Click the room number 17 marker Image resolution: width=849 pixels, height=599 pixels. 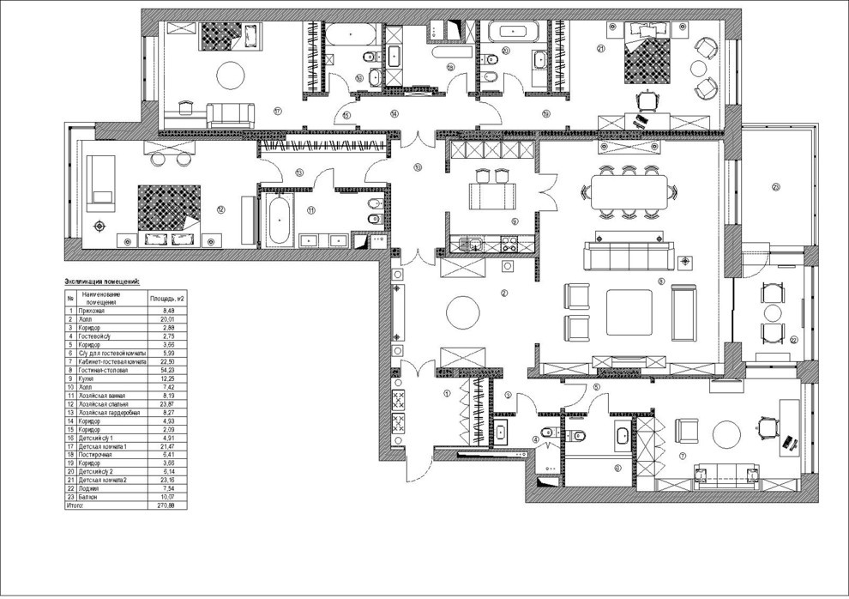(277, 111)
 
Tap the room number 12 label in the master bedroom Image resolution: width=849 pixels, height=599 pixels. (220, 209)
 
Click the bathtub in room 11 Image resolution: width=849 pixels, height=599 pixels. (280, 220)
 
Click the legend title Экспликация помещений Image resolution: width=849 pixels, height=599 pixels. (102, 281)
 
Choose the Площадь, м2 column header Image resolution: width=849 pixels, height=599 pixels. (167, 299)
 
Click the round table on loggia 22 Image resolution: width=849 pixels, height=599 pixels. (774, 313)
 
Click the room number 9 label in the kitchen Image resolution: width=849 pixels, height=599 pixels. (515, 221)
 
